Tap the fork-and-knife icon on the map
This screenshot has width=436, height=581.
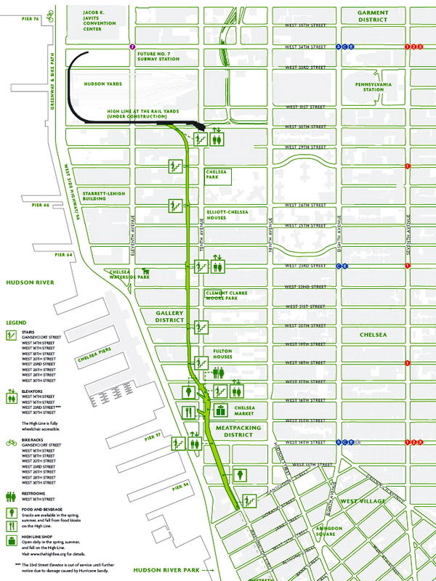[188, 412]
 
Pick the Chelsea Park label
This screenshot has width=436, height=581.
[217, 176]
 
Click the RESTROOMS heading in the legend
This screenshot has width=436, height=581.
[38, 493]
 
